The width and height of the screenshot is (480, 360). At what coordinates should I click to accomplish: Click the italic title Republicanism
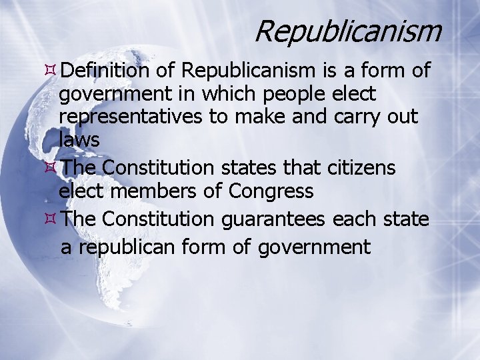[347, 31]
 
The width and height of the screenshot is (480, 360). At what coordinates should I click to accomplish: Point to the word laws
[79, 140]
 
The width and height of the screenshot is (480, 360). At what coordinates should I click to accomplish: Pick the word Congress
[271, 192]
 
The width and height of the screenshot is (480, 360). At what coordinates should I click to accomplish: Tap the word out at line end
[403, 117]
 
